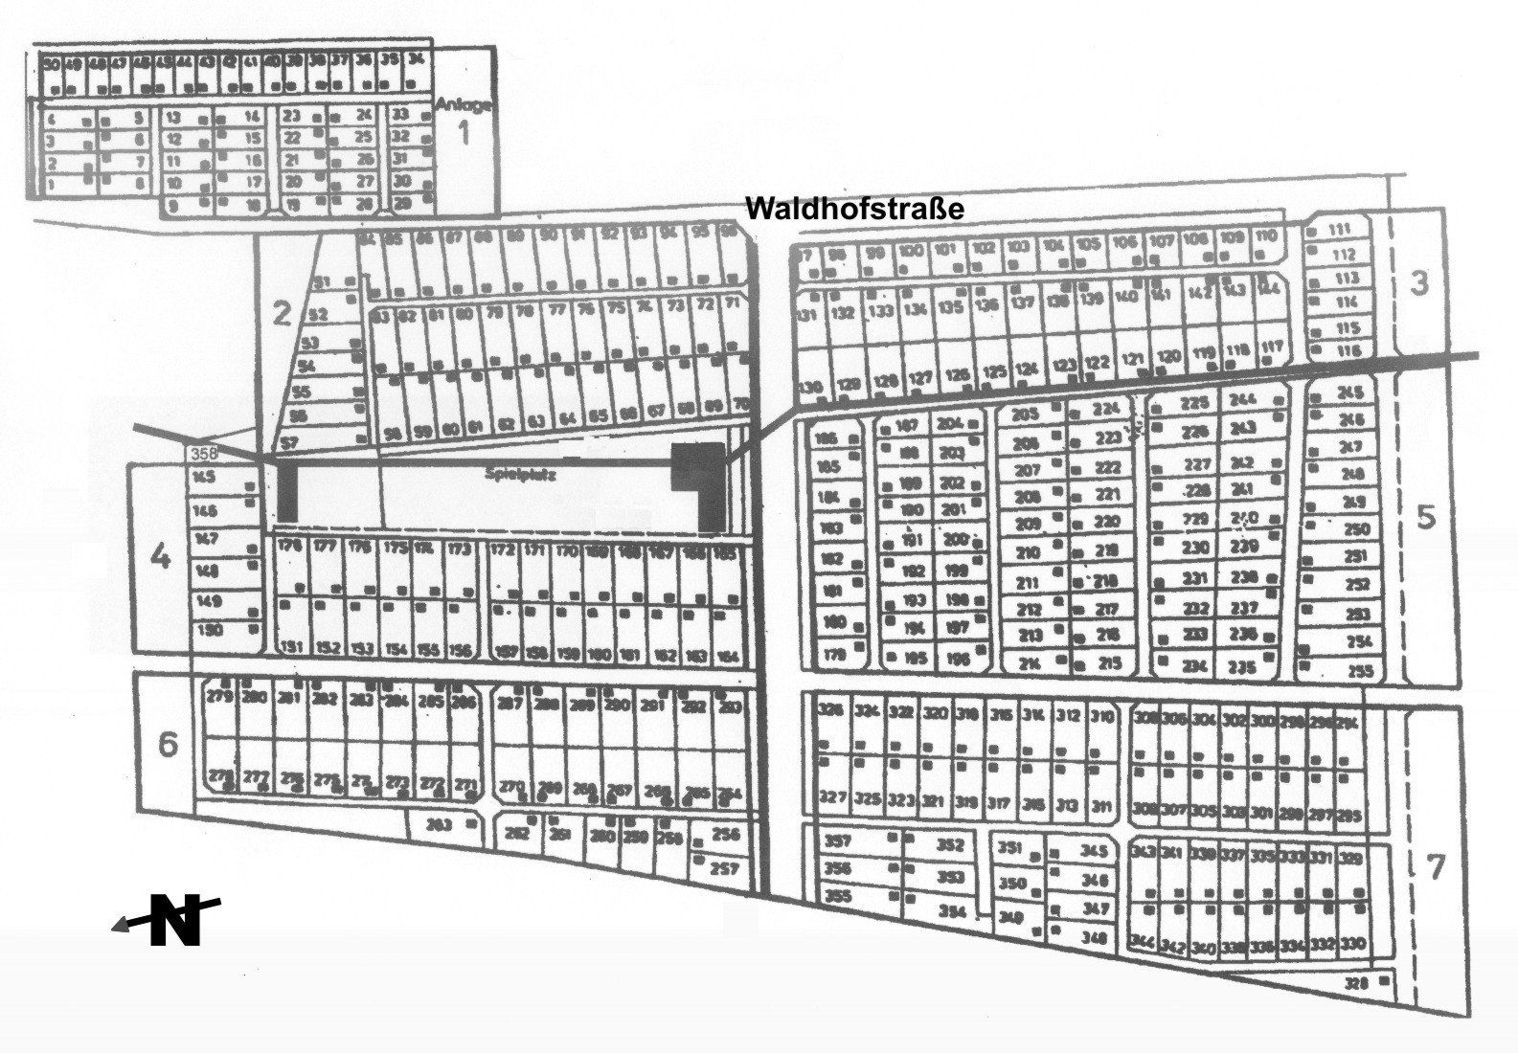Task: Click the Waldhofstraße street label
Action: coord(854,209)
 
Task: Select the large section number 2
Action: coord(281,313)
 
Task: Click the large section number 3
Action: coord(1420,283)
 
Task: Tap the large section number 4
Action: coord(160,556)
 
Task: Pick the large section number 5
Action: coord(1426,518)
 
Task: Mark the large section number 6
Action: coord(168,745)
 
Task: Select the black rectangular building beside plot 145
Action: coord(288,493)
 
